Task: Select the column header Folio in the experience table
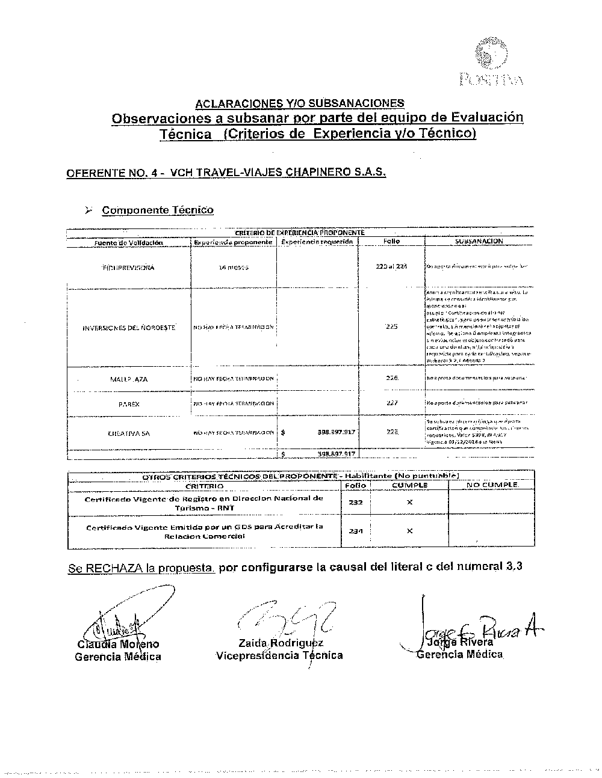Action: (391, 241)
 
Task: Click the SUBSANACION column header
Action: (479, 241)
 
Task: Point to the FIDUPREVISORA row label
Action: (128, 268)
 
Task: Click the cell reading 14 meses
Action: (232, 268)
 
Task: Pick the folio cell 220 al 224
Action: (391, 266)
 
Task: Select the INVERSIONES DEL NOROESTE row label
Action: (129, 328)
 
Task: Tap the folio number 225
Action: (391, 327)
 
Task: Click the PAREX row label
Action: (129, 404)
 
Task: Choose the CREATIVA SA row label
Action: (129, 433)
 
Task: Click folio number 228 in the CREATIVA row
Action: (392, 432)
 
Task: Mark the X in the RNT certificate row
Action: (409, 502)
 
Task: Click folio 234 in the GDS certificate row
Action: (356, 531)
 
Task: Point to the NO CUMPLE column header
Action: (491, 485)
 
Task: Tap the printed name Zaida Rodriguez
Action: (281, 643)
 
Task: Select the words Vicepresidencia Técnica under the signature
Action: (279, 655)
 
